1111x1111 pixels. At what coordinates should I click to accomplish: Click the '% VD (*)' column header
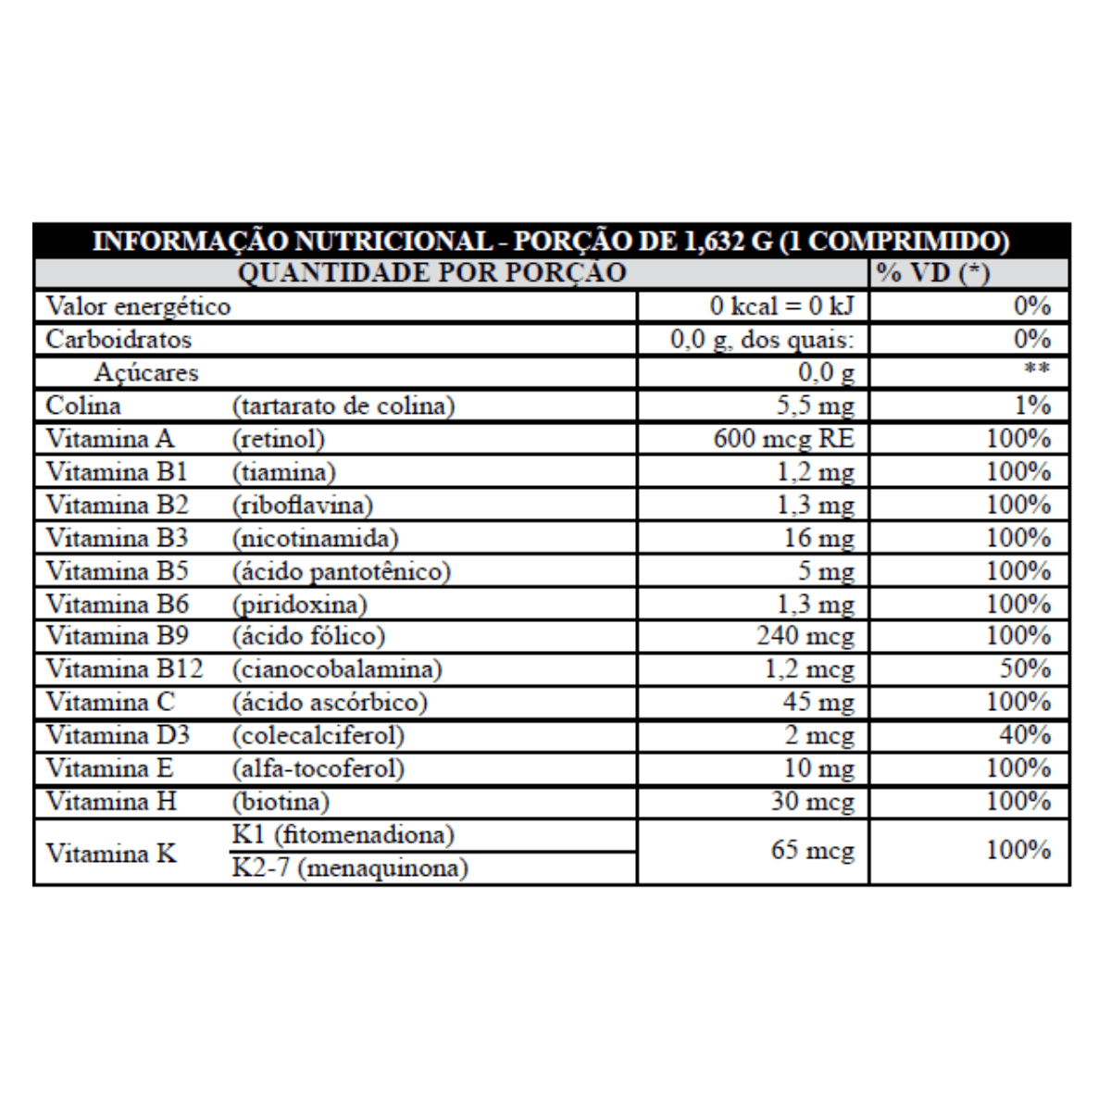[933, 273]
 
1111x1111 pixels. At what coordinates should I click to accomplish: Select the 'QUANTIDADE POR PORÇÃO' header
[432, 273]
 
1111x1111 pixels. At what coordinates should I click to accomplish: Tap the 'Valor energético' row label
[138, 306]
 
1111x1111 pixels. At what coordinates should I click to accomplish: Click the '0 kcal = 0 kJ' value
[782, 306]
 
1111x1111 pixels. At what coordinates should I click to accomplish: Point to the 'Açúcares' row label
[146, 373]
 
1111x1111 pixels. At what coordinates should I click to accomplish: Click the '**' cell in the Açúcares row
[1036, 370]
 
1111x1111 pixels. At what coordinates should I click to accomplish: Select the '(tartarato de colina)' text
[343, 406]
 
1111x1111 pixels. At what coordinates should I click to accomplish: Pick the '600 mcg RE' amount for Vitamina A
[783, 439]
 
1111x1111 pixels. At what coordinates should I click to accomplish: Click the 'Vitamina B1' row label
[117, 472]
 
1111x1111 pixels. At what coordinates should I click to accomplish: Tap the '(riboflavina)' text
[302, 506]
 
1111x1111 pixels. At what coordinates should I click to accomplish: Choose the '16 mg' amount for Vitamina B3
[818, 539]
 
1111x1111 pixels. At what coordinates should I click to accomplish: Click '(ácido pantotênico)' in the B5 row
[341, 571]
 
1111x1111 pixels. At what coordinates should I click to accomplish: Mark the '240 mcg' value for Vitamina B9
[805, 637]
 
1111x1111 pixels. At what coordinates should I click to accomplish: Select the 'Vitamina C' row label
[110, 703]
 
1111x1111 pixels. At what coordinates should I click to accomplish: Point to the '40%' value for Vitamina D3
[1025, 736]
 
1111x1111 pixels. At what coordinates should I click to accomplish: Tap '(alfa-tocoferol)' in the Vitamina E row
[318, 769]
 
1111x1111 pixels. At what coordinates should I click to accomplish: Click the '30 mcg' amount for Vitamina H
[812, 802]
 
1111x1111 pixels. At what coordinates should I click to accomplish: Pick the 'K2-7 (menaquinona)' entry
[350, 868]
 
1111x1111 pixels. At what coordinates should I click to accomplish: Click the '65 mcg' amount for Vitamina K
[812, 850]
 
